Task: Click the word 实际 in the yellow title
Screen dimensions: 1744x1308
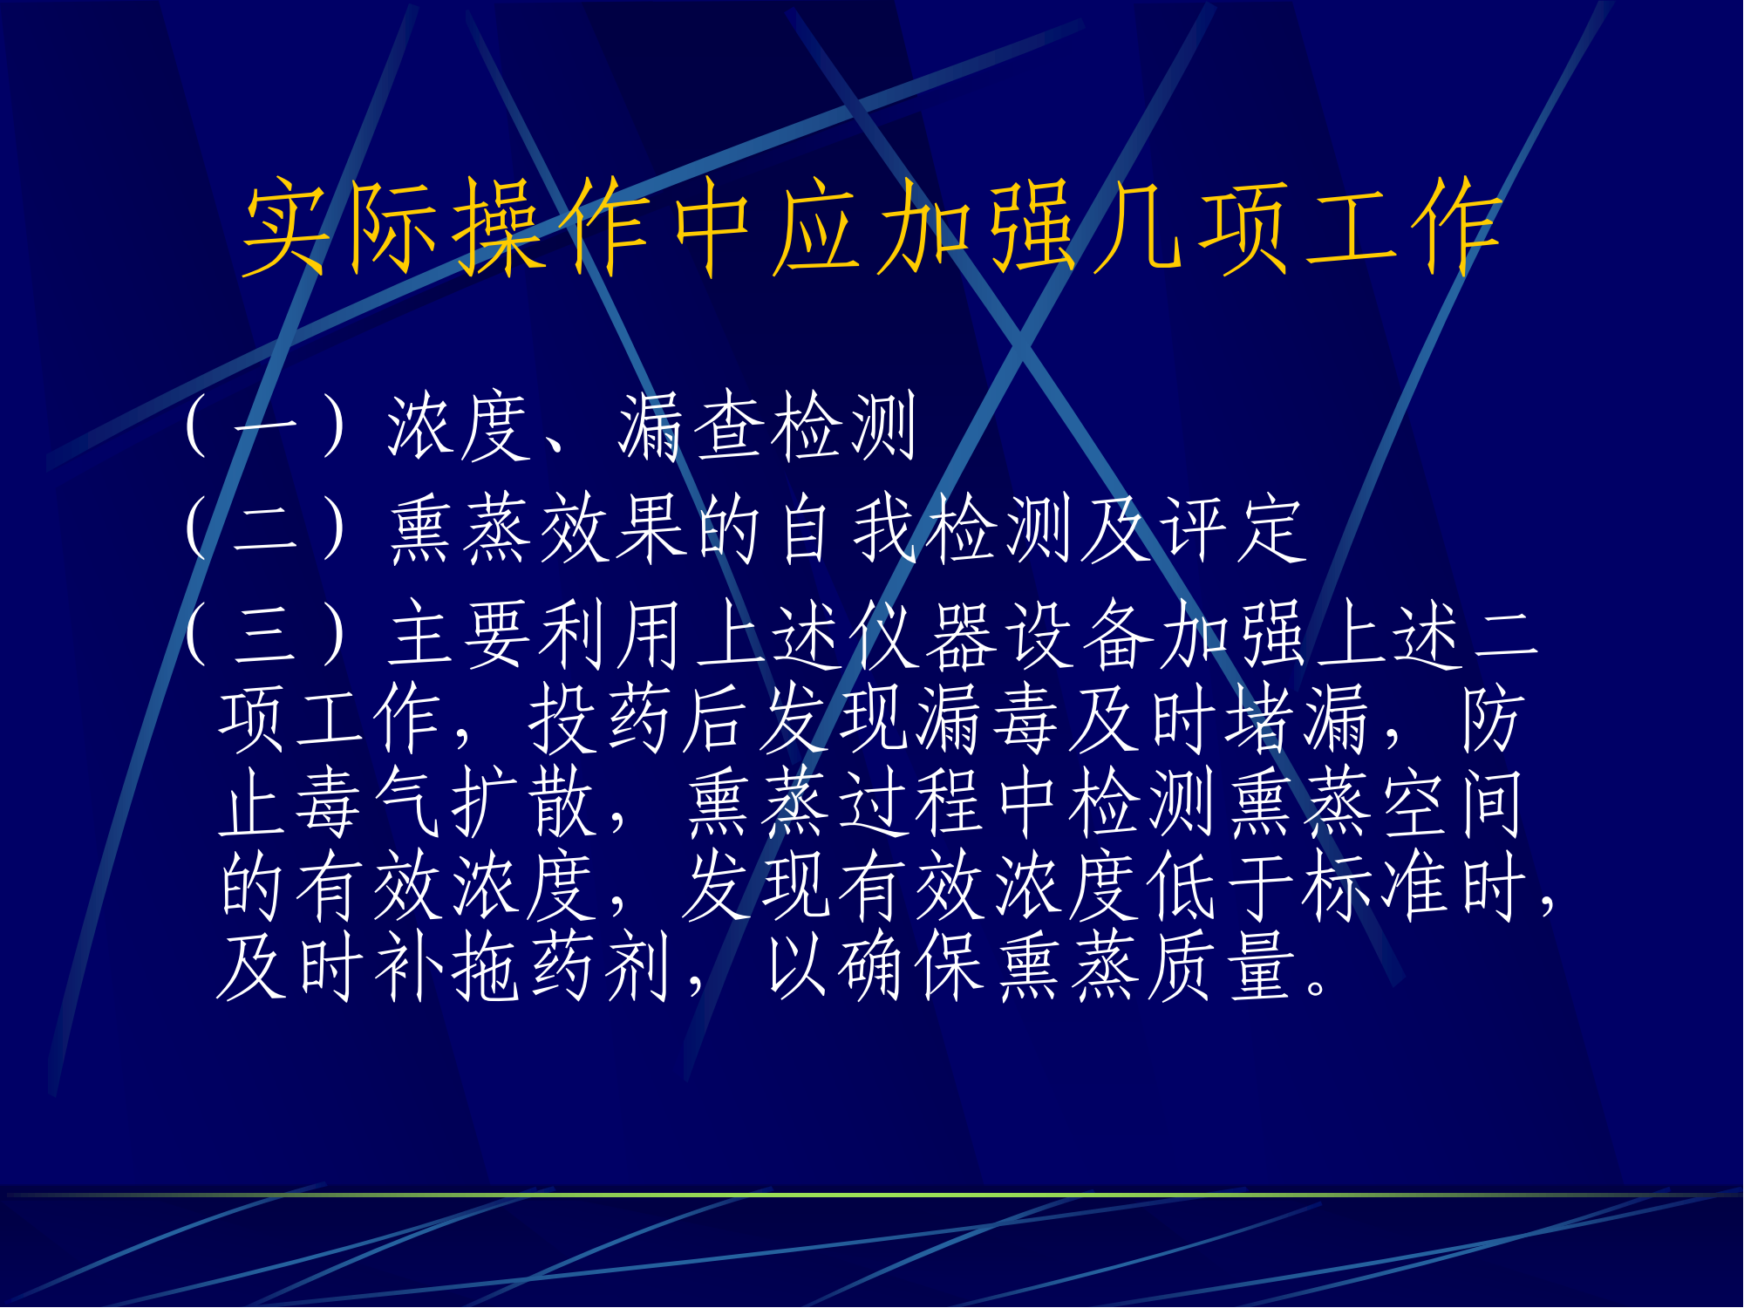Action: [x=341, y=227]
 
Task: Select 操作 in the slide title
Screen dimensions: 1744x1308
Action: [x=553, y=227]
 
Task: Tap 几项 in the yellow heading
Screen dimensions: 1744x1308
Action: [x=1189, y=227]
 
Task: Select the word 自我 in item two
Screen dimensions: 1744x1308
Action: [x=849, y=529]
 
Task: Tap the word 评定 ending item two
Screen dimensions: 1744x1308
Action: [x=1235, y=529]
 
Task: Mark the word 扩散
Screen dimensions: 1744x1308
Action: [x=524, y=802]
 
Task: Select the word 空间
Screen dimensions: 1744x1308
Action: [x=1452, y=802]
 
